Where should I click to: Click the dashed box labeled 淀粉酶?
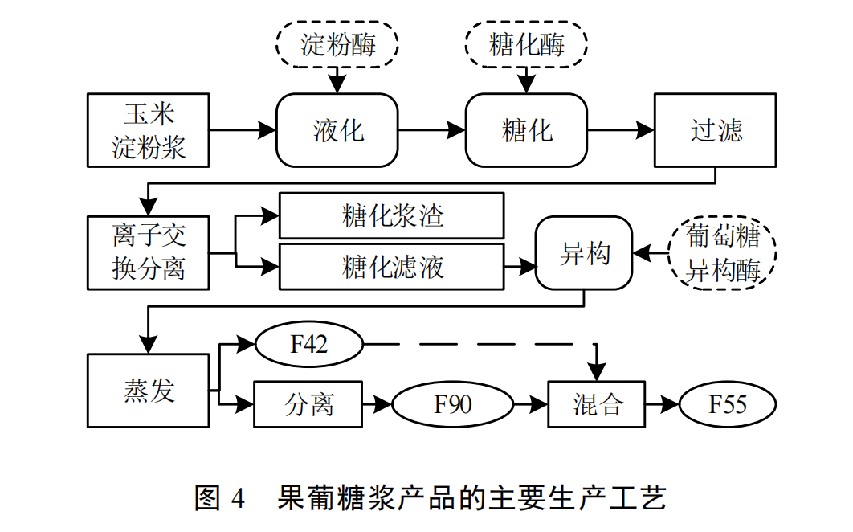pyautogui.click(x=337, y=43)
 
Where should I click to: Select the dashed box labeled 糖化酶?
pyautogui.click(x=527, y=43)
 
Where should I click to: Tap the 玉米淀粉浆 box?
pyautogui.click(x=149, y=130)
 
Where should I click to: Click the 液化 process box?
pyautogui.click(x=337, y=130)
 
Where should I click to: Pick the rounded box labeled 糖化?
pyautogui.click(x=527, y=130)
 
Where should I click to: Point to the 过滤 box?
pyautogui.click(x=715, y=130)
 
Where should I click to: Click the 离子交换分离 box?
pyautogui.click(x=149, y=252)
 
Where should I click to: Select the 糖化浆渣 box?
pyautogui.click(x=391, y=215)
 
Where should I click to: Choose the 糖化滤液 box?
pyautogui.click(x=391, y=267)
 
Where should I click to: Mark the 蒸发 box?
pyautogui.click(x=149, y=391)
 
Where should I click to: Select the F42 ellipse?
pyautogui.click(x=308, y=346)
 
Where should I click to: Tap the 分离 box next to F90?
pyautogui.click(x=308, y=404)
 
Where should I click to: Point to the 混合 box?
pyautogui.click(x=597, y=404)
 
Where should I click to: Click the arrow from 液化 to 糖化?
pyautogui.click(x=432, y=130)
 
